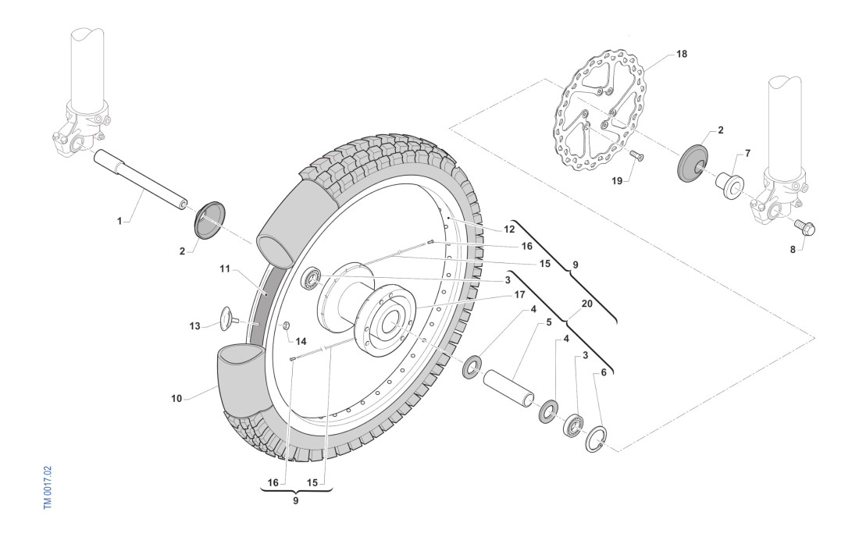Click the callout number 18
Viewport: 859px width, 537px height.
[682, 54]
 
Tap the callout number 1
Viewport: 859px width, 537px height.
[119, 222]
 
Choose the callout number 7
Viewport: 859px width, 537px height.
[747, 153]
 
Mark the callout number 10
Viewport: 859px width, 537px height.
[176, 398]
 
